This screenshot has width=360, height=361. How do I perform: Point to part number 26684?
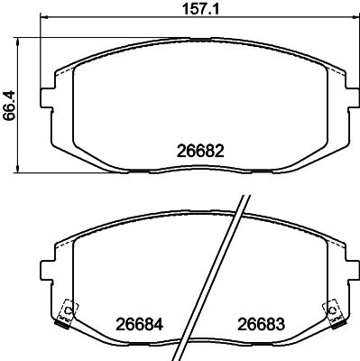pyautogui.click(x=134, y=322)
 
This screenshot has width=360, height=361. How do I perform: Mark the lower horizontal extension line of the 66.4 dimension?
pyautogui.click(x=41, y=172)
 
